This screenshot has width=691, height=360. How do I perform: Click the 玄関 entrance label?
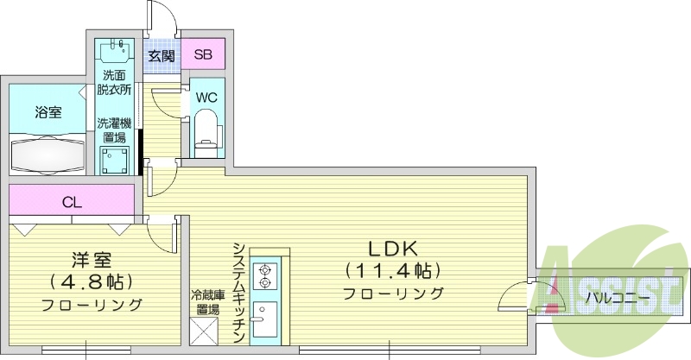click(x=161, y=55)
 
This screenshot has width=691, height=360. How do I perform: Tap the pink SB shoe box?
click(x=202, y=55)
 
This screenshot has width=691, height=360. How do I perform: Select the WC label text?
click(x=206, y=97)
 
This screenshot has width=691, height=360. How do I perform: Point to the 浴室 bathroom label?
click(x=48, y=112)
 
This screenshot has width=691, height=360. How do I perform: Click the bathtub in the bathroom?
click(x=48, y=155)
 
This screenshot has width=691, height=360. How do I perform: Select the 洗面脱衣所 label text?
click(x=113, y=82)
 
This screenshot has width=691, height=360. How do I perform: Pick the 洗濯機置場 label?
click(x=113, y=129)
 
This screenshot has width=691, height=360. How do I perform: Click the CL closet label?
click(x=73, y=203)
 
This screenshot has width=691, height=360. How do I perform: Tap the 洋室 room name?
click(x=91, y=258)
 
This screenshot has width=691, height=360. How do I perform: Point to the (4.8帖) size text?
click(x=91, y=281)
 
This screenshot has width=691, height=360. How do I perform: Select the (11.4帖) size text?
click(x=393, y=271)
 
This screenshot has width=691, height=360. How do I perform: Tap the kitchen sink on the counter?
click(x=264, y=321)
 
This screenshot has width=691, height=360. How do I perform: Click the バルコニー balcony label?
click(x=615, y=299)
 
